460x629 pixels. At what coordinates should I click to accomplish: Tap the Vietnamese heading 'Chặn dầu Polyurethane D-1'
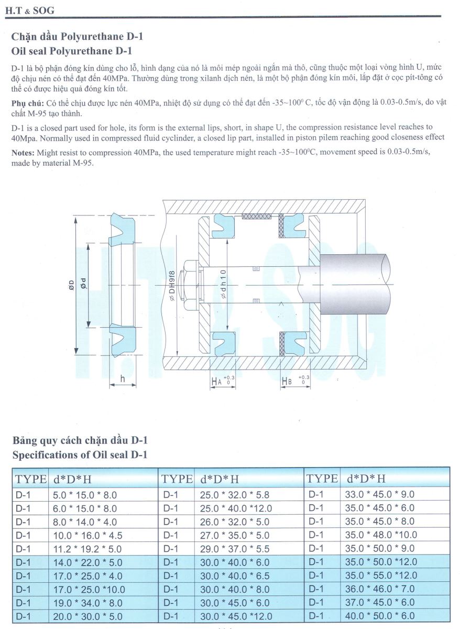pyautogui.click(x=76, y=37)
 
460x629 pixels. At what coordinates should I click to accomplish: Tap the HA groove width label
pyautogui.click(x=216, y=382)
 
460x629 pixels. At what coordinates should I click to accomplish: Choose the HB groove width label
pyautogui.click(x=287, y=382)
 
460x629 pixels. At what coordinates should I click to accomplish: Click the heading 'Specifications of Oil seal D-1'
pyautogui.click(x=80, y=454)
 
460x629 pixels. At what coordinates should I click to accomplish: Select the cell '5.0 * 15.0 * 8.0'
pyautogui.click(x=85, y=494)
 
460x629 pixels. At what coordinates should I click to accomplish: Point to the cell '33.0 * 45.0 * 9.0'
pyautogui.click(x=380, y=494)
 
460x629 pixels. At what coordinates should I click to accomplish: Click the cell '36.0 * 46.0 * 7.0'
pyautogui.click(x=380, y=589)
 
